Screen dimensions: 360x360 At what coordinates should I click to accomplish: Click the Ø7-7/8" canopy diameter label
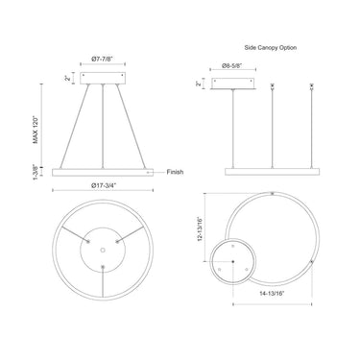[x=103, y=59]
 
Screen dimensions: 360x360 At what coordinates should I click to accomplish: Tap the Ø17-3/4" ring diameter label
[x=103, y=185]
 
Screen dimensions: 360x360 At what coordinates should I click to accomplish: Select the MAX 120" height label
[x=36, y=130]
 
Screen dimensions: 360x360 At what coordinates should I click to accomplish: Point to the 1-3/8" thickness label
[x=36, y=172]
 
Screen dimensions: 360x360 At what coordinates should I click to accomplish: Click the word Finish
[x=175, y=172]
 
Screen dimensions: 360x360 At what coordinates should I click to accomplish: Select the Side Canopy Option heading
[x=271, y=48]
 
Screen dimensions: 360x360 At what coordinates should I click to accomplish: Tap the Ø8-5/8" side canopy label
[x=232, y=65]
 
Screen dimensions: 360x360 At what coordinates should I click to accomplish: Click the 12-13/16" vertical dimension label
[x=201, y=229]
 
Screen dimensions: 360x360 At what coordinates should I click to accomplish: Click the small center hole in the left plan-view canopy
[x=103, y=250]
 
